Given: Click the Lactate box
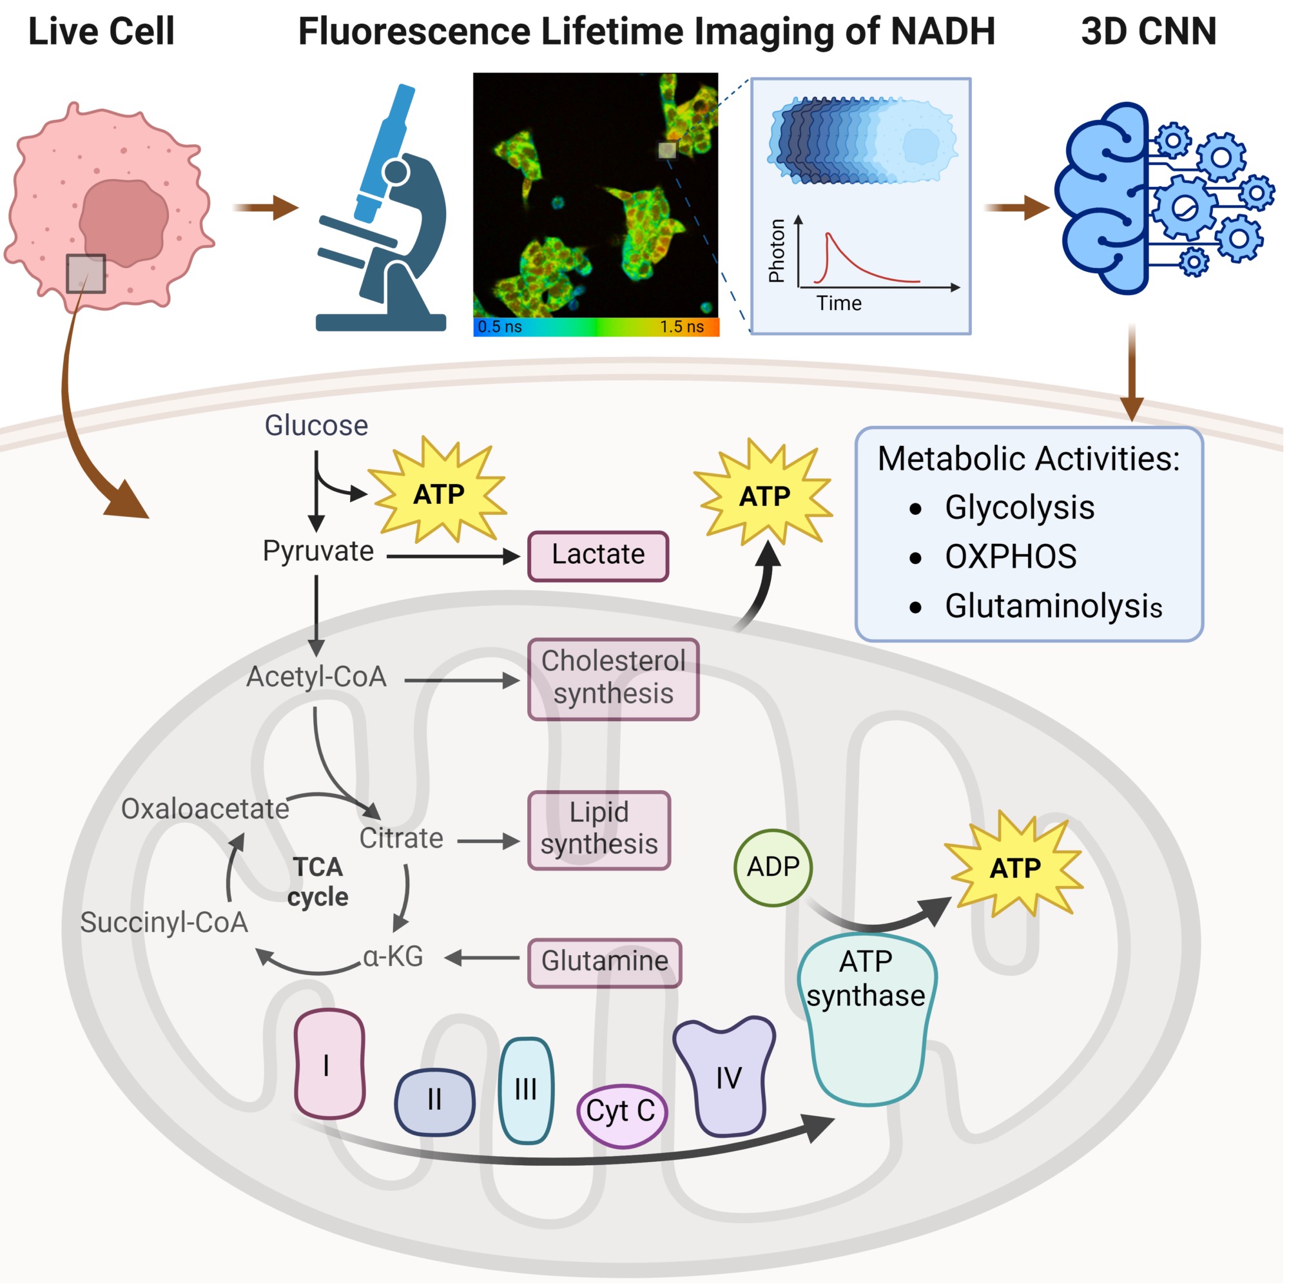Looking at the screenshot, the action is click(x=598, y=556).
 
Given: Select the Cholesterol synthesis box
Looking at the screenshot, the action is click(x=613, y=679).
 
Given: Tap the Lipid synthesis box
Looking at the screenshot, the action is click(x=599, y=830).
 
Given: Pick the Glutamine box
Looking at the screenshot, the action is click(x=605, y=963).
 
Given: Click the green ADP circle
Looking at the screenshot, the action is click(x=773, y=867).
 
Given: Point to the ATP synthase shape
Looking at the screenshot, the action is click(x=867, y=1019).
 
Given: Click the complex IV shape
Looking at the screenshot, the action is click(x=725, y=1076).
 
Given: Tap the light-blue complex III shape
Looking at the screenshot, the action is click(x=526, y=1090).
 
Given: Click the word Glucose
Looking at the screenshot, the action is click(x=316, y=425).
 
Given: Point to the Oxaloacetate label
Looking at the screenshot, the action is click(x=205, y=809).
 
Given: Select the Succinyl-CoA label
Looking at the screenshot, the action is click(x=164, y=923).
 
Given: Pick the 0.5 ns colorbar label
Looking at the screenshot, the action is click(x=499, y=326).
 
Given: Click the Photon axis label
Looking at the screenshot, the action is click(x=777, y=251).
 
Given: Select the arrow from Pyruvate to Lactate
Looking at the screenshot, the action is click(x=453, y=556).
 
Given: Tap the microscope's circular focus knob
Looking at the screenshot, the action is click(x=396, y=172).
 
